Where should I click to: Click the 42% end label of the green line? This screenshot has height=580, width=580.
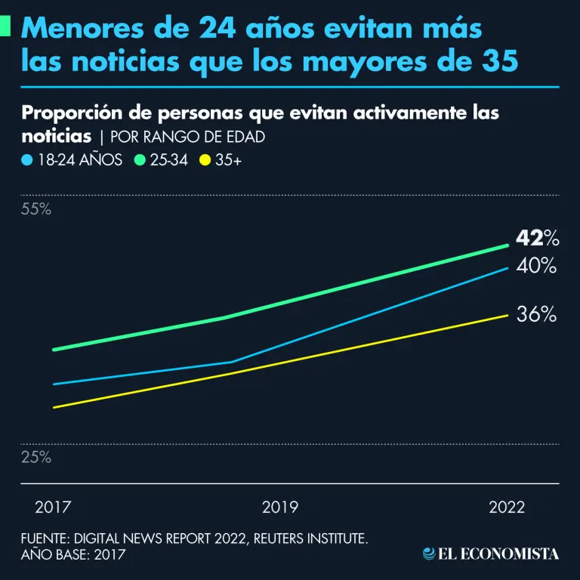pos(537,239)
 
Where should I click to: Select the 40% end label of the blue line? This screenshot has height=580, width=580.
pos(537,266)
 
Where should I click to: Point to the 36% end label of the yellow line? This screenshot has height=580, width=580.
pos(537,315)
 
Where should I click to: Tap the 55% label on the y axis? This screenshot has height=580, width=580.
pos(36,209)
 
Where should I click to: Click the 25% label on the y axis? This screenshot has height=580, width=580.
pos(36,457)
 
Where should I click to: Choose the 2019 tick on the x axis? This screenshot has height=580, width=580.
pos(280,507)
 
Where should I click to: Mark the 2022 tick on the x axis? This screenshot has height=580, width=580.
pos(506,507)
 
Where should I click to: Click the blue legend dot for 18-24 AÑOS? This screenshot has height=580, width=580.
pos(27,160)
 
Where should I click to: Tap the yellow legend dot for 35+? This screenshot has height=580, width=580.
pos(204,160)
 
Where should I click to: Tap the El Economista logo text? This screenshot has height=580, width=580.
pos(498,554)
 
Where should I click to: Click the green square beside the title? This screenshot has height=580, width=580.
pos(5,28)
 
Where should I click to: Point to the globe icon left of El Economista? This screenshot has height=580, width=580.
pos(429,554)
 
